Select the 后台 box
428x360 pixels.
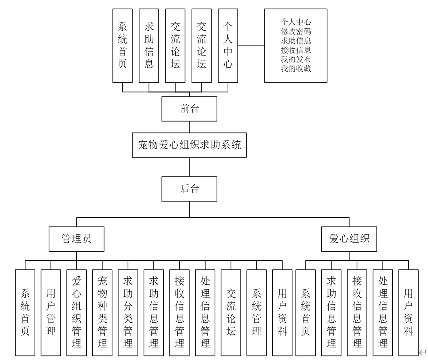pyautogui.click(x=189, y=188)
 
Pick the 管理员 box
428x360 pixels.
pyautogui.click(x=76, y=238)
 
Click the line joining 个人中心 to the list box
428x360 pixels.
pyautogui.click(x=251, y=46)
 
